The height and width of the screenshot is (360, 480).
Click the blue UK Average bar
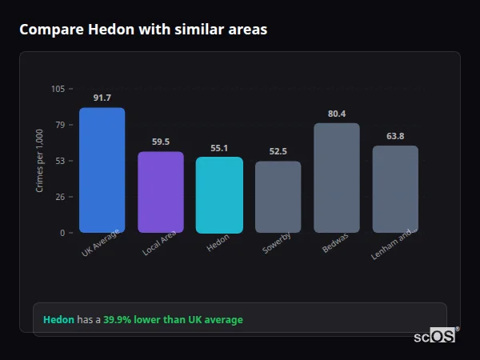pos(102,170)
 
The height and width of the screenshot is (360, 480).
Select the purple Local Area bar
pos(160,192)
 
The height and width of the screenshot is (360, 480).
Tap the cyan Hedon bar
pos(219,195)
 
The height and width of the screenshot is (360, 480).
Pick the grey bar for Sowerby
pos(278,197)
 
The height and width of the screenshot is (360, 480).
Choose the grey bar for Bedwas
pos(337,178)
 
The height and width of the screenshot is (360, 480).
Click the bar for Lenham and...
pos(395,190)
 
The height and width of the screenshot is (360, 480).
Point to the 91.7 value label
pos(102,98)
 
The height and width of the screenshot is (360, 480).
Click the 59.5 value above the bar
pos(160,142)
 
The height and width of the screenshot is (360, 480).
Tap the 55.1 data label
pos(219,148)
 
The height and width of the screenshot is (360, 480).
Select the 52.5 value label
pos(278,152)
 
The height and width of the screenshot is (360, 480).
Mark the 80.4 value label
pos(337,114)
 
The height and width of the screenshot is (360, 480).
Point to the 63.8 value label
pos(395,136)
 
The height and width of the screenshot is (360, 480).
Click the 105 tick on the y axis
pos(58,89)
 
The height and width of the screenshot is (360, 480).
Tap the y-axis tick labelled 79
pos(60,125)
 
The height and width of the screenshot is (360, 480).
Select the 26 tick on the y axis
pos(60,197)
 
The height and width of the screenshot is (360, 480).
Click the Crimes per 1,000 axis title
pos(39,161)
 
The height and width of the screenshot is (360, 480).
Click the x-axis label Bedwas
pos(334,244)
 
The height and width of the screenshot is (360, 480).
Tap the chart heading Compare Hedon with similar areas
pos(143,30)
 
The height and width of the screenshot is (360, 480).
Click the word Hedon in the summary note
pos(58,320)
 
